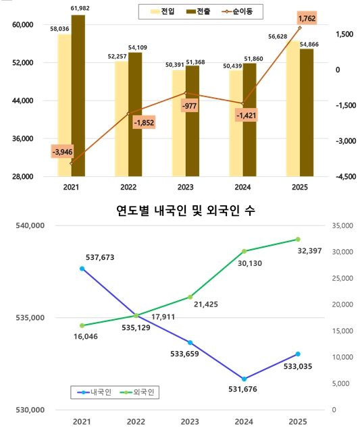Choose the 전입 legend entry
click(x=162, y=11)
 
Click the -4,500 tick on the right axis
click(x=342, y=177)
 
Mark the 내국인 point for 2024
click(x=244, y=379)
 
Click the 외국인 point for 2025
click(x=298, y=239)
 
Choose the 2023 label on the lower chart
click(x=190, y=421)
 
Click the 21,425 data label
click(x=205, y=304)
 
